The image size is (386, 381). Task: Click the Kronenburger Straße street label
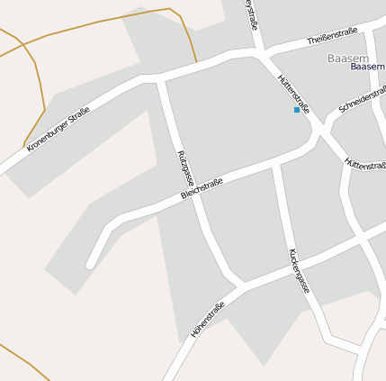click(x=58, y=129)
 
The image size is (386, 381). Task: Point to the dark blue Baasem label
click(x=367, y=67)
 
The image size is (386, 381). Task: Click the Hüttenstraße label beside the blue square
click(x=294, y=93)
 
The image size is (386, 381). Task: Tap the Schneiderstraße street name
click(x=362, y=101)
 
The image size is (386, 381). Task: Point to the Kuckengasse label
click(x=300, y=271)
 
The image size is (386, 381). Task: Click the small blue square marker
click(x=296, y=110)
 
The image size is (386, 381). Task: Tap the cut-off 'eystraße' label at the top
click(x=252, y=16)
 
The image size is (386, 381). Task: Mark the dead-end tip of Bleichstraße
click(x=90, y=265)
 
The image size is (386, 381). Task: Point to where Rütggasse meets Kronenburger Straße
click(x=160, y=81)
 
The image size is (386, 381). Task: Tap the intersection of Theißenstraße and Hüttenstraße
click(x=261, y=54)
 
